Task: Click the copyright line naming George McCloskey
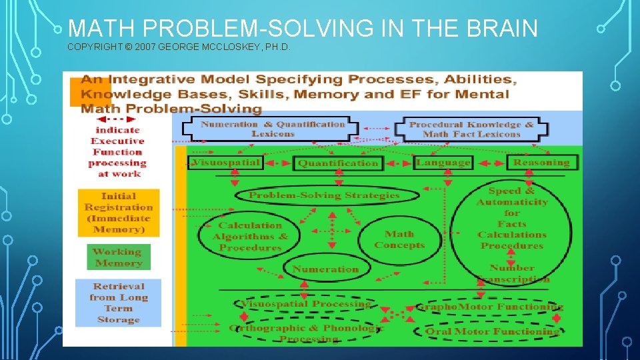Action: [x=179, y=48]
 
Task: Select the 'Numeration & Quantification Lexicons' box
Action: [x=273, y=129]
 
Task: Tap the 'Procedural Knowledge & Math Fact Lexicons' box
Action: [x=471, y=129]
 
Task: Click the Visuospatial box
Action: [x=225, y=162]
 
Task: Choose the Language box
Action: [x=443, y=162]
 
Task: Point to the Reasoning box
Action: [x=541, y=162]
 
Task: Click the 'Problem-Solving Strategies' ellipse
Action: [x=325, y=195]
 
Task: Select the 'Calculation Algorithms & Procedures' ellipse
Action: [x=250, y=237]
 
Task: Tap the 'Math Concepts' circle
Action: [x=399, y=239]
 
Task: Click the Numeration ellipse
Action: [x=325, y=269]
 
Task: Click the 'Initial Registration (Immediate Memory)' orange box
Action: [x=119, y=213]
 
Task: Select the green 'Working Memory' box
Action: [x=118, y=257]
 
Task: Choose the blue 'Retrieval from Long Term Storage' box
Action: [x=118, y=303]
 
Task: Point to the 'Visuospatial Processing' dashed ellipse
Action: [x=305, y=304]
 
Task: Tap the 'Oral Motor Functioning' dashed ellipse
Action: [x=493, y=331]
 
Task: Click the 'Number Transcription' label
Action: [x=512, y=273]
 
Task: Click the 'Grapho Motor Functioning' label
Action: [x=490, y=307]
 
